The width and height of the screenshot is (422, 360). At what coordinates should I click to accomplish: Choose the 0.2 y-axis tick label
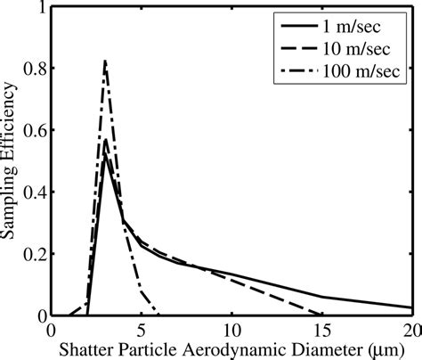[34, 253]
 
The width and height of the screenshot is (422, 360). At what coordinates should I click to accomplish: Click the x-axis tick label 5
[142, 328]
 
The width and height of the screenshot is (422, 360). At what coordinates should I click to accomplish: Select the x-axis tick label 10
[231, 328]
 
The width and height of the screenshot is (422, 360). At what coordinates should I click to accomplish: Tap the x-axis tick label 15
[322, 328]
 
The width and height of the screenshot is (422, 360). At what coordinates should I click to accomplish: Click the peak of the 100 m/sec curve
[105, 61]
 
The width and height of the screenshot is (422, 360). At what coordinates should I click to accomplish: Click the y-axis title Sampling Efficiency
[12, 160]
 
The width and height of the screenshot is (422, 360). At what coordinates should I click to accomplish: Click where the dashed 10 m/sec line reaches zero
[322, 315]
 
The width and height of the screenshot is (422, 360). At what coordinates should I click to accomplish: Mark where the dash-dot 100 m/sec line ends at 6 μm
[159, 315]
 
